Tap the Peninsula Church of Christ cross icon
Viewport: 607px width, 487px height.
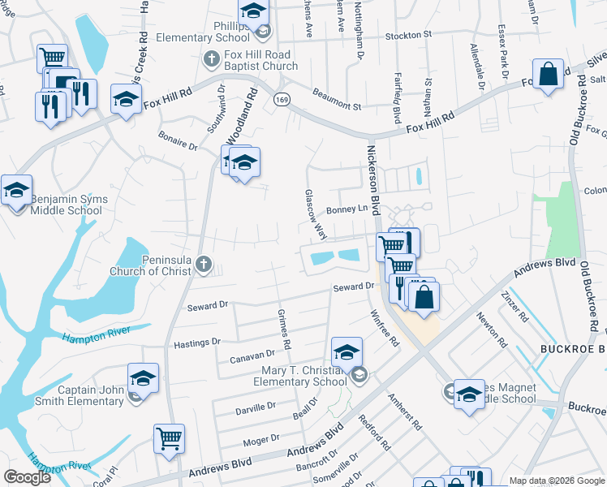tap(203, 264)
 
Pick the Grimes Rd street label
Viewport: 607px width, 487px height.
tap(284, 329)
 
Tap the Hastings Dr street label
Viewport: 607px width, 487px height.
tap(197, 343)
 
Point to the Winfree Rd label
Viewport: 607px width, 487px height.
tap(385, 328)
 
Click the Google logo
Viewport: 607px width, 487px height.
tap(27, 477)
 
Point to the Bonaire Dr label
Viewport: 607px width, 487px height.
tap(179, 145)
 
